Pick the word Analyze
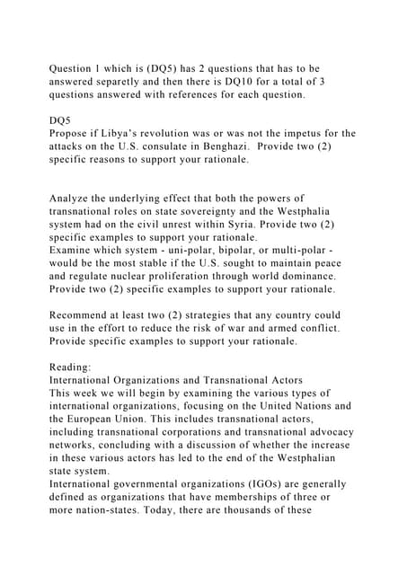coord(74,198)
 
